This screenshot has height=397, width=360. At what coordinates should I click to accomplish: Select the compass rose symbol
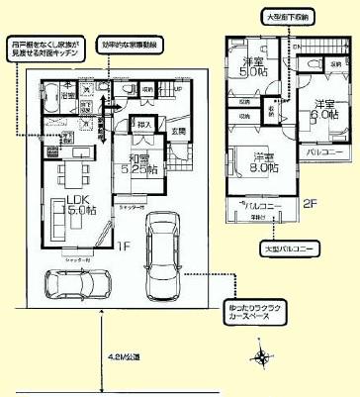click(261, 357)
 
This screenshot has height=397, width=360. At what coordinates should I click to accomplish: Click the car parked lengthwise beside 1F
click(163, 254)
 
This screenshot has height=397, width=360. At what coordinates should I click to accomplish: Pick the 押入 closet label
click(142, 126)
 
